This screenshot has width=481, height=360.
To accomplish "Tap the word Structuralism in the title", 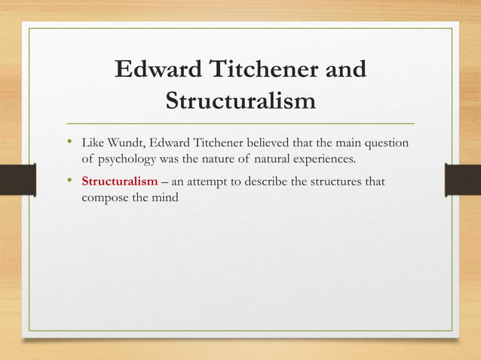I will pos(240,99).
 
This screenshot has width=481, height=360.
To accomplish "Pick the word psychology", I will pos(127,160).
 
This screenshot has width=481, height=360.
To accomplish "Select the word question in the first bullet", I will pos(390,144).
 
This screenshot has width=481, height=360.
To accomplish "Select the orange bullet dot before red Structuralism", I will pos(70,181).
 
